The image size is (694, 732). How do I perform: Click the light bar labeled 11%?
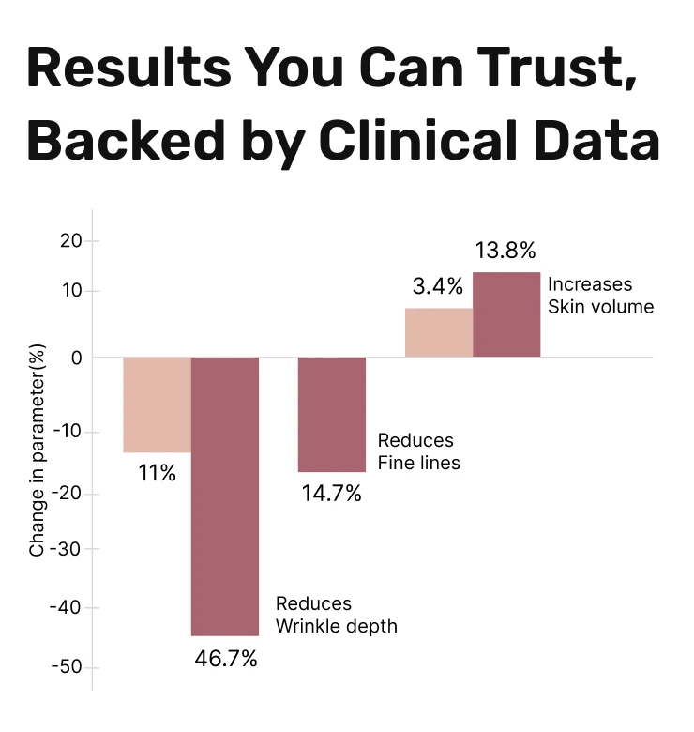click(158, 404)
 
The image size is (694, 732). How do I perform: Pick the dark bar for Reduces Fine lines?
click(332, 414)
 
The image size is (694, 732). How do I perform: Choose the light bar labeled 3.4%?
click(439, 332)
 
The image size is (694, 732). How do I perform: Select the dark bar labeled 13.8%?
click(506, 314)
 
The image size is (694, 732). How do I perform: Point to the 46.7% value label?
click(225, 658)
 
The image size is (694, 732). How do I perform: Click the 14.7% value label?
click(331, 493)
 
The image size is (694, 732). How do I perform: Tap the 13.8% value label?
click(505, 251)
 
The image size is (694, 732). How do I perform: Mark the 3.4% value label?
click(438, 286)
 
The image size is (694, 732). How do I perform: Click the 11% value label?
click(158, 473)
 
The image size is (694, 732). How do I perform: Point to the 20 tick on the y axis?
click(72, 241)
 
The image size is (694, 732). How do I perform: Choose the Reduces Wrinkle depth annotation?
click(336, 615)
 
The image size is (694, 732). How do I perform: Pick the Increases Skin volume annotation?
click(600, 295)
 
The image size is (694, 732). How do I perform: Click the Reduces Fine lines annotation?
click(418, 451)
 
